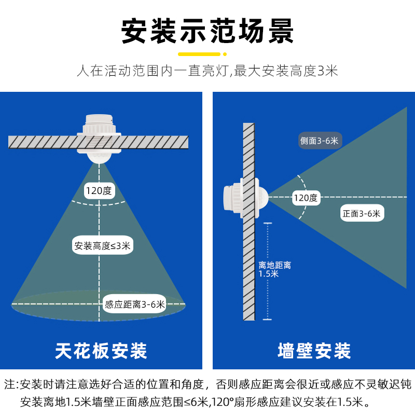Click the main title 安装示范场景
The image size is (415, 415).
(208, 32)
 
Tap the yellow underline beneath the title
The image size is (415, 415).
(207, 53)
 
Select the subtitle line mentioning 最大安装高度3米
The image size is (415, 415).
(208, 71)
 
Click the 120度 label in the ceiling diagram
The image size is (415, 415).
(99, 191)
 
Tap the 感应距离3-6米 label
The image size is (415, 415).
(134, 305)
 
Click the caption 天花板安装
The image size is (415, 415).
(101, 351)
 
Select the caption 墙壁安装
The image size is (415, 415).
(314, 351)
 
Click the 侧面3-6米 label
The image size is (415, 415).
(319, 141)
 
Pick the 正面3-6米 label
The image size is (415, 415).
(361, 213)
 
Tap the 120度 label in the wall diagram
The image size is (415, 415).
(306, 198)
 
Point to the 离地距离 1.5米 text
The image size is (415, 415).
(274, 269)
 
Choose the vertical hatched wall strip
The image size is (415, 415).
(249, 270)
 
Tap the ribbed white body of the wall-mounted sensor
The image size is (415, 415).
(231, 198)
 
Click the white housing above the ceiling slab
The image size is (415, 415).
(99, 125)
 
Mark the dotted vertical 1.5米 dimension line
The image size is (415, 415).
(267, 290)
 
